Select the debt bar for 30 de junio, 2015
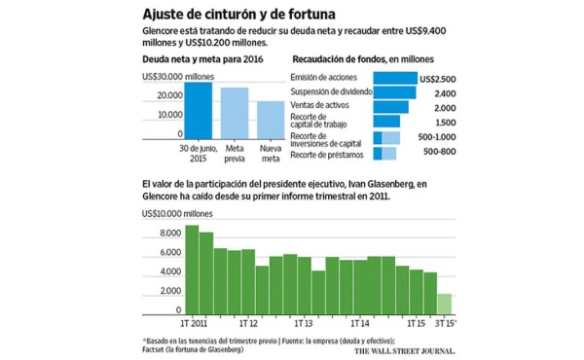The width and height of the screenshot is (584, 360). point(199,111)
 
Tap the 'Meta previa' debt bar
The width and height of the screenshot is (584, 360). point(235,114)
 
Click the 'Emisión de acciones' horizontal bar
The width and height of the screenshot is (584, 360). point(394,77)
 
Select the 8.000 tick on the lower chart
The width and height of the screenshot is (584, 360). point(168,234)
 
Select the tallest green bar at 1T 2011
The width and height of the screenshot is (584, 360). point(192,269)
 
